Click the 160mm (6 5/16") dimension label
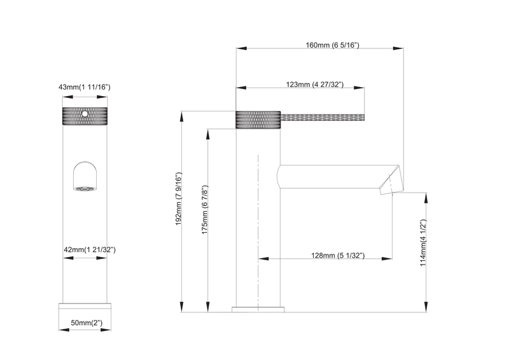[x=333, y=45]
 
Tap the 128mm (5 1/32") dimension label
[x=337, y=255]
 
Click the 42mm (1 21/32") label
[x=89, y=250]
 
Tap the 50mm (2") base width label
[x=87, y=324]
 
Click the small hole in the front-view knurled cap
[x=83, y=113]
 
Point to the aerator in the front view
[x=84, y=188]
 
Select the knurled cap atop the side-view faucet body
[x=258, y=120]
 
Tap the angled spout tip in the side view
[x=391, y=183]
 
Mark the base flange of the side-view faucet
[x=258, y=309]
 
